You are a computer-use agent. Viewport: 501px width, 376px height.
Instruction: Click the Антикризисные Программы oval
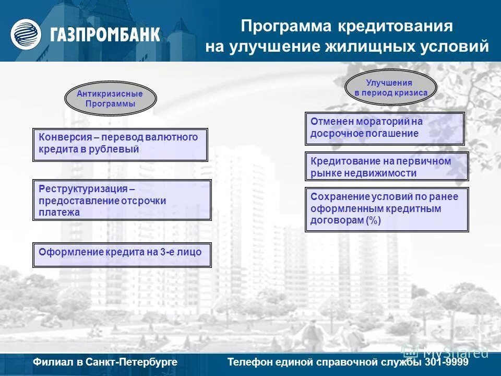[x=110, y=99]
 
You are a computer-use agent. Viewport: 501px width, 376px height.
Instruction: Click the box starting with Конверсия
[x=120, y=144]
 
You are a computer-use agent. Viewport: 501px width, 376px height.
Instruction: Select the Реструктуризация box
[x=122, y=200]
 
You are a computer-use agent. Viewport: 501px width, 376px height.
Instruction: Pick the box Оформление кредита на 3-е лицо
[x=122, y=254]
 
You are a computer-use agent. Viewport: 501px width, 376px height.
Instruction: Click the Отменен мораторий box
[x=384, y=128]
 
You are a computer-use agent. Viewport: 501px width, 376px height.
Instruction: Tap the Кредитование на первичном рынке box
[x=386, y=167]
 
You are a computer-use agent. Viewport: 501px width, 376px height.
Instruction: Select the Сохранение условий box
[x=386, y=209]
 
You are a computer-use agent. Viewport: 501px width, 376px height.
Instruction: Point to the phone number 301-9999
[x=446, y=362]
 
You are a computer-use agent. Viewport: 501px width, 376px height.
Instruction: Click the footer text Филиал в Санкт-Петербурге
[x=105, y=362]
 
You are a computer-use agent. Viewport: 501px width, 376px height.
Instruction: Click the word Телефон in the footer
[x=249, y=362]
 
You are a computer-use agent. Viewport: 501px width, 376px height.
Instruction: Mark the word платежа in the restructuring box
[x=59, y=213]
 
